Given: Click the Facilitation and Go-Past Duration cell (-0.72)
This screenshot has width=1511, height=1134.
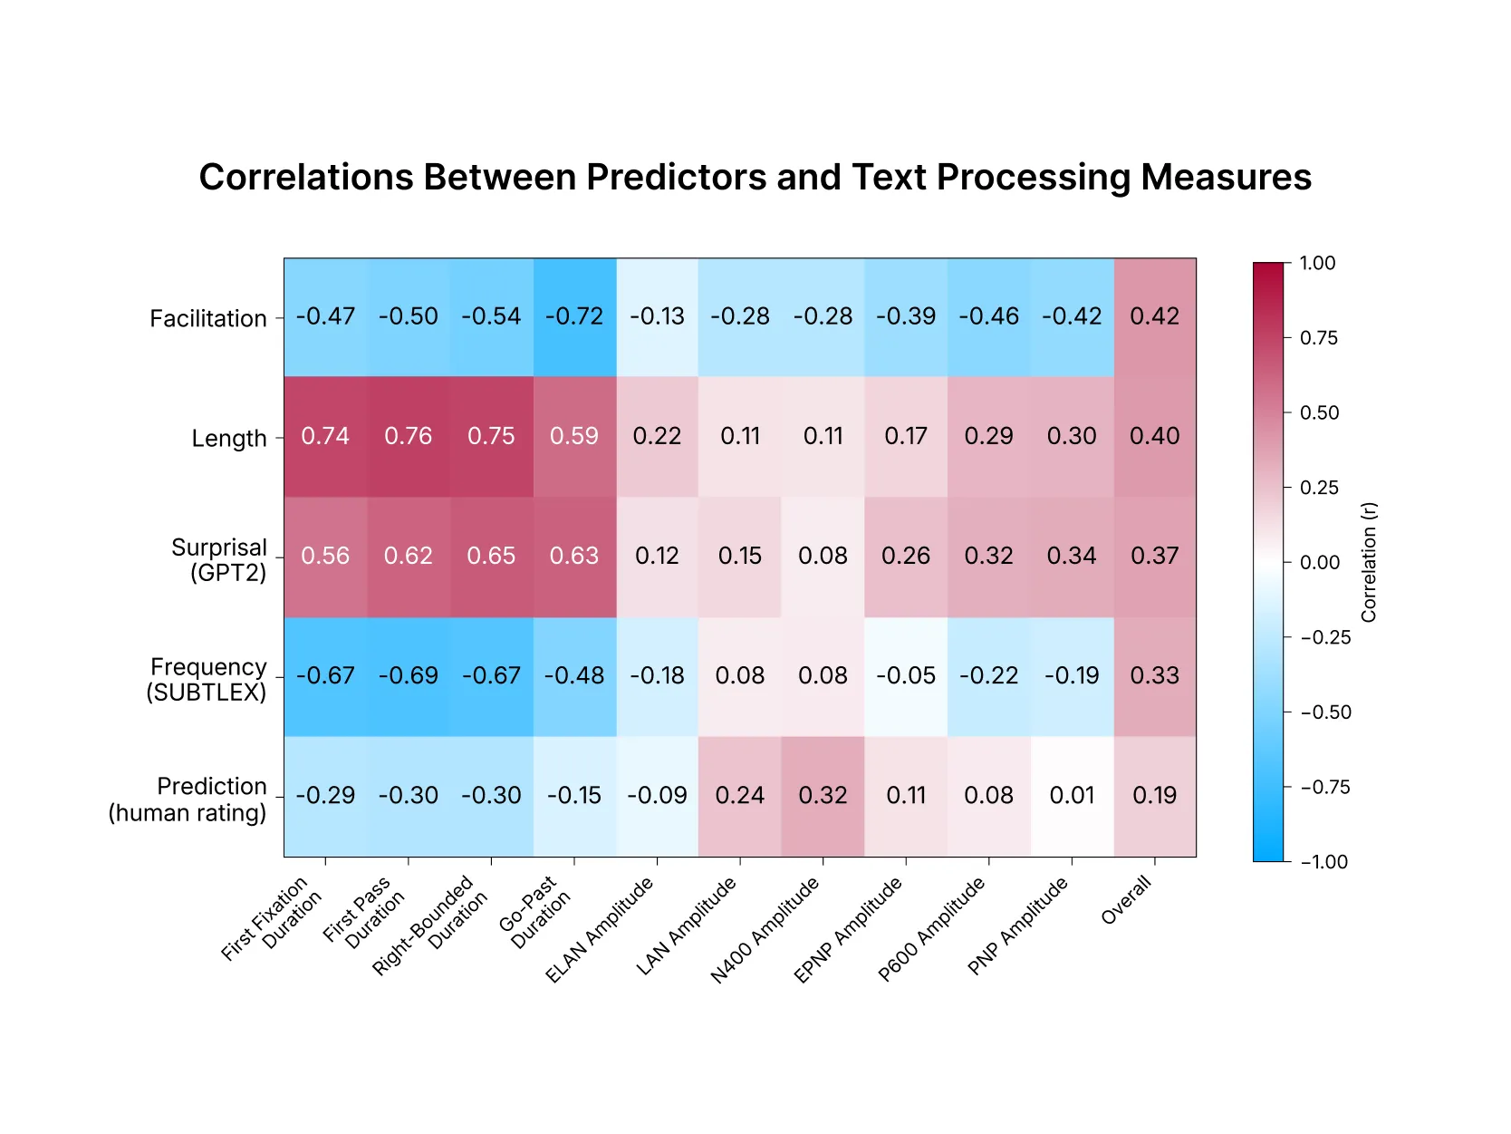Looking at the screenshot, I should pyautogui.click(x=574, y=316).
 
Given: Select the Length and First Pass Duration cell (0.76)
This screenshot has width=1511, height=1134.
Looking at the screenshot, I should pyautogui.click(x=408, y=436).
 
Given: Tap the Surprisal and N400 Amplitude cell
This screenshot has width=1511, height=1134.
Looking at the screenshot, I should pyautogui.click(x=823, y=556).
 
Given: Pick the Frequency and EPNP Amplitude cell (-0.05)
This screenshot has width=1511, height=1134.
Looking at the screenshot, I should pyautogui.click(x=906, y=675).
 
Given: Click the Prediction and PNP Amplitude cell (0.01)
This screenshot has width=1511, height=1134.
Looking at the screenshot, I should pyautogui.click(x=1072, y=795).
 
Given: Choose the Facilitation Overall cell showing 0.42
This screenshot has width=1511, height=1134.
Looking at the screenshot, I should pyautogui.click(x=1154, y=316).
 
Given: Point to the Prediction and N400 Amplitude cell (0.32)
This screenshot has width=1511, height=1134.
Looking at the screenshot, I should pyautogui.click(x=823, y=795).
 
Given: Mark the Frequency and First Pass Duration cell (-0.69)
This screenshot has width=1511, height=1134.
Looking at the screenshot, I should pyautogui.click(x=408, y=675).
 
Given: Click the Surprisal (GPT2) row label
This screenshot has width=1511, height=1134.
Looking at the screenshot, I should pyautogui.click(x=219, y=560).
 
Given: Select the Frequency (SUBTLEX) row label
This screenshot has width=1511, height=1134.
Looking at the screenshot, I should pyautogui.click(x=207, y=680).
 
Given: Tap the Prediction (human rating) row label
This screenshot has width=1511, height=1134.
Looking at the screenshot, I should pyautogui.click(x=188, y=800).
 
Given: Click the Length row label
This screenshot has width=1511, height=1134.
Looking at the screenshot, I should pyautogui.click(x=229, y=439).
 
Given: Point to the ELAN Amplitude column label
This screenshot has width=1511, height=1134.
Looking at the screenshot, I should pyautogui.click(x=600, y=931).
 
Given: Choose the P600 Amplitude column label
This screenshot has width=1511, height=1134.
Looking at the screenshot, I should pyautogui.click(x=932, y=931).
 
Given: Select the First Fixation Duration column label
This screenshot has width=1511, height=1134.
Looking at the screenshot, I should pyautogui.click(x=272, y=918).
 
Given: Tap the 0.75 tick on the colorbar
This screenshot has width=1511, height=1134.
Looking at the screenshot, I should pyautogui.click(x=1318, y=338).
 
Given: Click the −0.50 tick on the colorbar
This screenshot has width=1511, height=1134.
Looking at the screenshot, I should pyautogui.click(x=1324, y=712).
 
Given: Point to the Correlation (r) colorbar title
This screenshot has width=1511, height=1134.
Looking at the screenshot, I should pyautogui.click(x=1369, y=562).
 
